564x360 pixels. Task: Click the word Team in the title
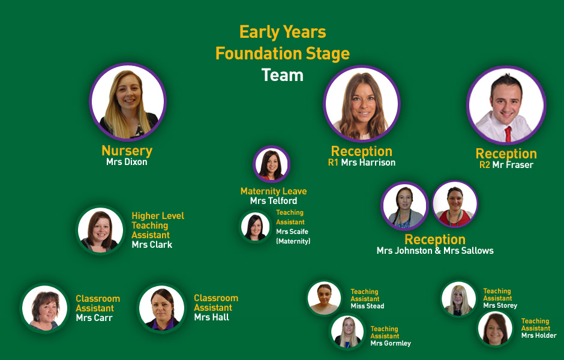coord(283,75)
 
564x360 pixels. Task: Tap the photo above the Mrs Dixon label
coord(128,102)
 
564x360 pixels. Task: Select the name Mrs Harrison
coord(368,163)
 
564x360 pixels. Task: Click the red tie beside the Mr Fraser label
coord(508,134)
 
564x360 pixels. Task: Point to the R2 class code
coord(485,165)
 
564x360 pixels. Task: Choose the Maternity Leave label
coord(274,191)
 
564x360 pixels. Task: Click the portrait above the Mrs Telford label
coord(271,164)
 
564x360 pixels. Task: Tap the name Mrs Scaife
coord(292,232)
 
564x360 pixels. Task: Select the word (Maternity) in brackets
coord(293,241)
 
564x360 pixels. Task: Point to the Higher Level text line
coord(158,216)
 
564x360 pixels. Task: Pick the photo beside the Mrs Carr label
coord(44,308)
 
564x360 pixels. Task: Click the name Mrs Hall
coord(211,317)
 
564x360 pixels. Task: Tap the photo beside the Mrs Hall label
coord(162,308)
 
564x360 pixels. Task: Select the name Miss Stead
coord(367,306)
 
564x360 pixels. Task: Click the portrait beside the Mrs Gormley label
coord(347,332)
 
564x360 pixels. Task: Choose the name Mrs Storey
coord(500,305)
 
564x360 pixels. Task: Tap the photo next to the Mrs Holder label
coord(495,329)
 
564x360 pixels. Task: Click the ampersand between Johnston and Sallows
coord(438,251)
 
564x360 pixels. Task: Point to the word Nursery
coord(127,151)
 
